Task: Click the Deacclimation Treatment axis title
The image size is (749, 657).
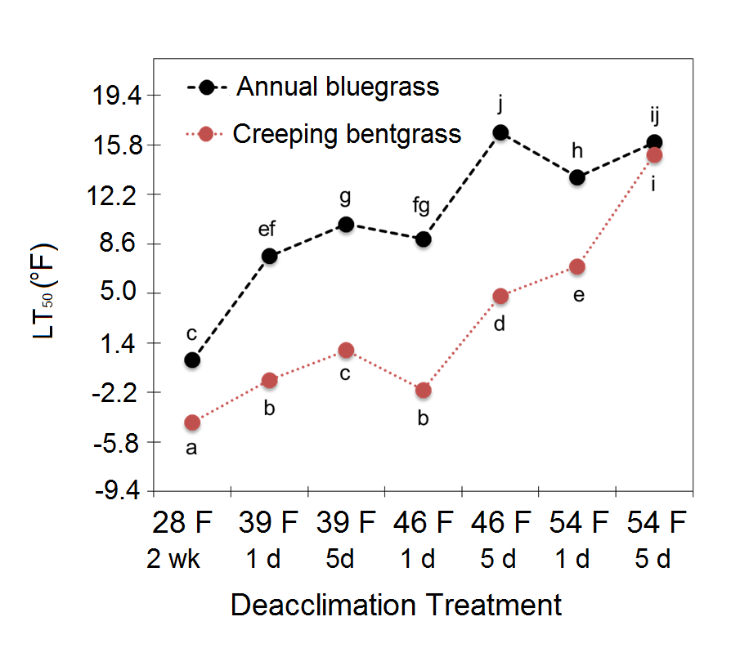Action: (x=397, y=606)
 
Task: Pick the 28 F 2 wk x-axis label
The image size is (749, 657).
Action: (x=192, y=540)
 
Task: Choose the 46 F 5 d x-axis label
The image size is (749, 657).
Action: (x=500, y=540)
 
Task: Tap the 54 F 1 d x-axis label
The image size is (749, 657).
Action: (x=577, y=540)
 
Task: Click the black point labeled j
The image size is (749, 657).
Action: (x=500, y=132)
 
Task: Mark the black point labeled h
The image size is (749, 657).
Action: (x=577, y=177)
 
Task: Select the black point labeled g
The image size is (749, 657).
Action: (x=346, y=224)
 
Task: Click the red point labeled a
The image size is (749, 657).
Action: (x=192, y=422)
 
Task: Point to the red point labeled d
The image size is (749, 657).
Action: (x=500, y=296)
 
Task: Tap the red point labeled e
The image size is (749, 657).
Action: (x=577, y=266)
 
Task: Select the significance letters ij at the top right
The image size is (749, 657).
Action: (x=654, y=111)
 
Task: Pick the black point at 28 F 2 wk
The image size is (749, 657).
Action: (x=192, y=360)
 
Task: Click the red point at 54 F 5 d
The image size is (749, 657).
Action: (x=654, y=155)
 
